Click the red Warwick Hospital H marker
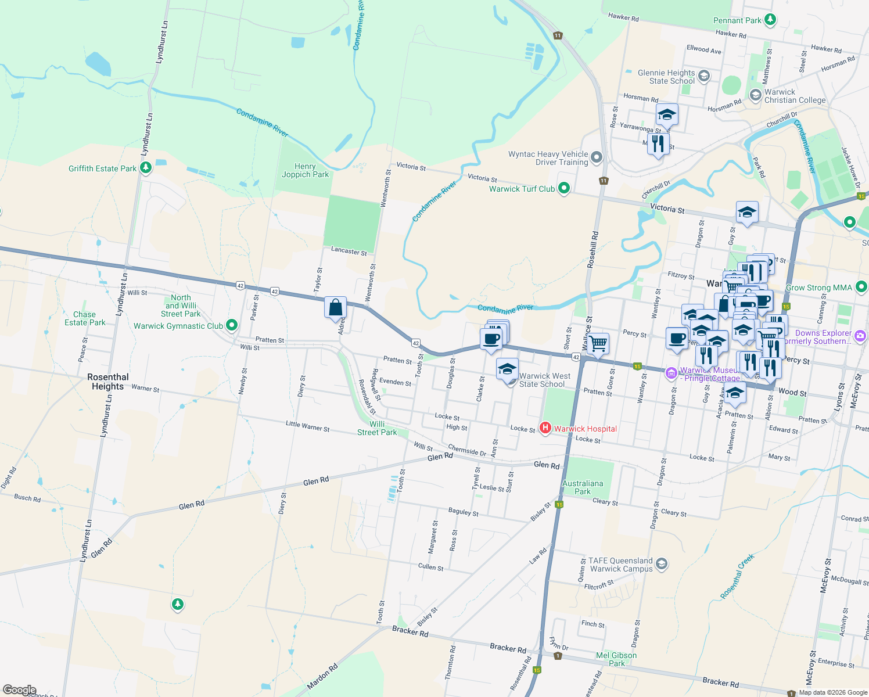point(545,428)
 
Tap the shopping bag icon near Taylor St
point(336,307)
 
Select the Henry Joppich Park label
point(305,170)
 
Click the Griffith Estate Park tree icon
point(146,168)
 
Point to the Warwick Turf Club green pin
point(563,188)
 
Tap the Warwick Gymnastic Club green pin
point(232,325)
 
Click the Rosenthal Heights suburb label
point(108,382)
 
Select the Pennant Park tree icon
point(770,20)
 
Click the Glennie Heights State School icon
point(704,76)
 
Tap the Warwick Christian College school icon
point(755,95)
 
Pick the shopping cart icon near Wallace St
point(598,343)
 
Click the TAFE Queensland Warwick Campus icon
point(662,563)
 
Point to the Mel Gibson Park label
point(616,659)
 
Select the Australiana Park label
point(583,487)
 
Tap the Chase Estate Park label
point(85,318)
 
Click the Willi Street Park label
point(377,428)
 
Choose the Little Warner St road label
point(307,426)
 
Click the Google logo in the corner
point(20,690)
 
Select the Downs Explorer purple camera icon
point(860,336)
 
